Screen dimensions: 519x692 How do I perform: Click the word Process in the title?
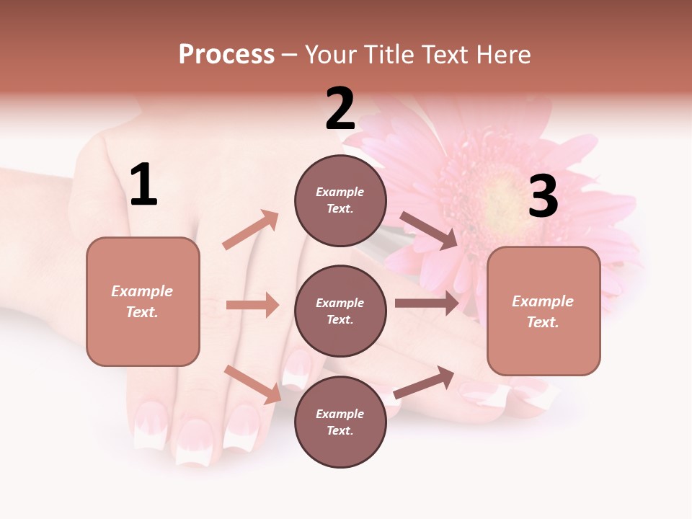coord(226,55)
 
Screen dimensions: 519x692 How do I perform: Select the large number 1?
coord(143,185)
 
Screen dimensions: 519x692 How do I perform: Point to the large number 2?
coord(340,110)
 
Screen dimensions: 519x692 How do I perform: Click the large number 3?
coord(543,197)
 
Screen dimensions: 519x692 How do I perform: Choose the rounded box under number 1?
coord(143,301)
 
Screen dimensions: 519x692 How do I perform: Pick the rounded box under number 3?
coord(544,311)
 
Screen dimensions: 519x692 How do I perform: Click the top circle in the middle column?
coord(340,200)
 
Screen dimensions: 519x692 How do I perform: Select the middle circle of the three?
coord(340,311)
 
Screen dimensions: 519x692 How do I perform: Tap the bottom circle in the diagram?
coord(340,422)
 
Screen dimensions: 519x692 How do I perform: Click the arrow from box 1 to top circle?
coord(251,230)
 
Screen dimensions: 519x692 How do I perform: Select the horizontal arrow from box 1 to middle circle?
coord(252,305)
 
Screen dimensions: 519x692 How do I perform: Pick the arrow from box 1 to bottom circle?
coord(253,383)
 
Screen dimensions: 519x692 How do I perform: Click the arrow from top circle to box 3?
coord(428,230)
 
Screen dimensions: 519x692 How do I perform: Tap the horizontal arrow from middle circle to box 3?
coord(426,303)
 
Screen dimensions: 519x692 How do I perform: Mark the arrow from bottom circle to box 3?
coord(424,383)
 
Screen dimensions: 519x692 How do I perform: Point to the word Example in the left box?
coord(142,291)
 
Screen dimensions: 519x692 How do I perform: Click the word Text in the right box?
coord(542,322)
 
